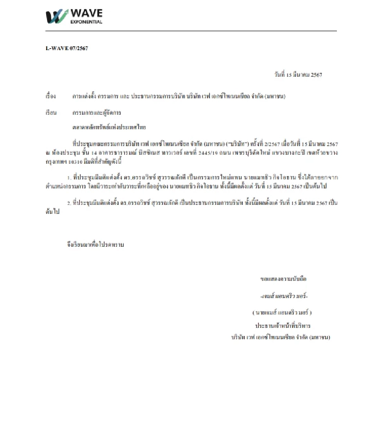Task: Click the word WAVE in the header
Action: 86,13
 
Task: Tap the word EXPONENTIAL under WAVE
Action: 86,22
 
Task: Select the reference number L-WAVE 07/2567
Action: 67,48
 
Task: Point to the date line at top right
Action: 298,75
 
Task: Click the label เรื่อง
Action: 51,96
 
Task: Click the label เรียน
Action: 51,113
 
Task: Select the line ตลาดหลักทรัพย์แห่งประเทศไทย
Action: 109,127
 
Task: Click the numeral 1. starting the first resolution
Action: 69,178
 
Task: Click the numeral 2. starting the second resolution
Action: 69,203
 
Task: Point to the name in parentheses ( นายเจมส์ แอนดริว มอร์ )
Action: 281,313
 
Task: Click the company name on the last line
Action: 280,337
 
